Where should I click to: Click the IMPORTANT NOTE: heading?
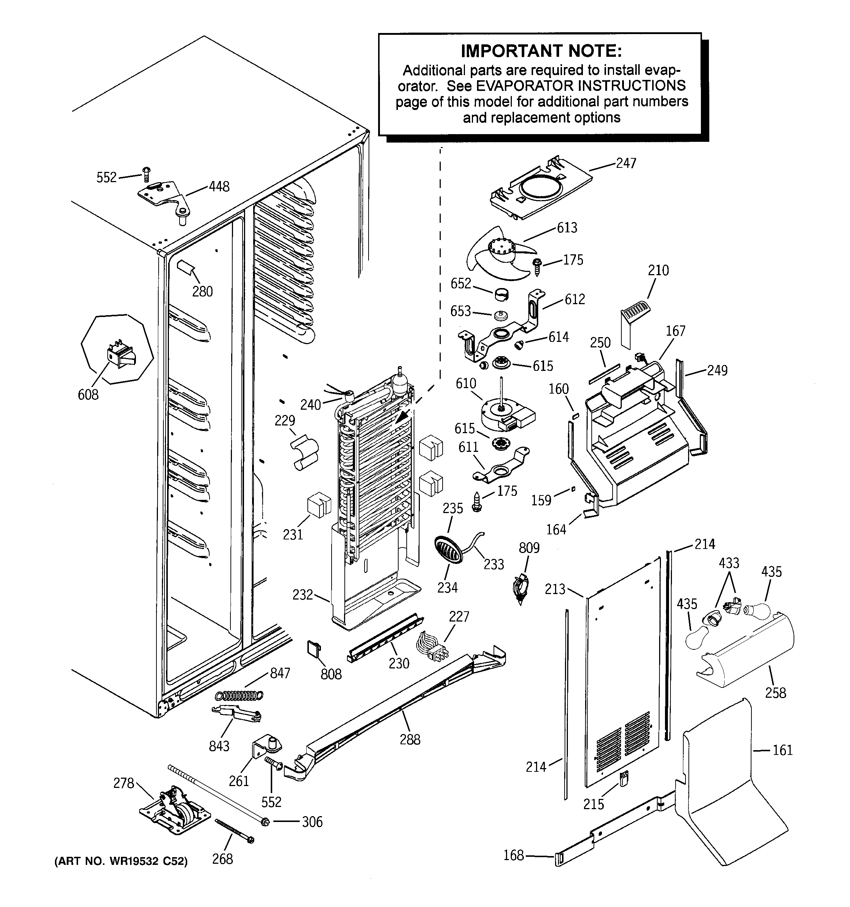click(541, 51)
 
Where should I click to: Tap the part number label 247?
click(626, 163)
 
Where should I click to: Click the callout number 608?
click(88, 394)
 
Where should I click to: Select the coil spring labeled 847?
click(240, 695)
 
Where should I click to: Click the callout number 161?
click(783, 750)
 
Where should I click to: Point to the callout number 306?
click(312, 822)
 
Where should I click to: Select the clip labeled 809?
click(521, 589)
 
